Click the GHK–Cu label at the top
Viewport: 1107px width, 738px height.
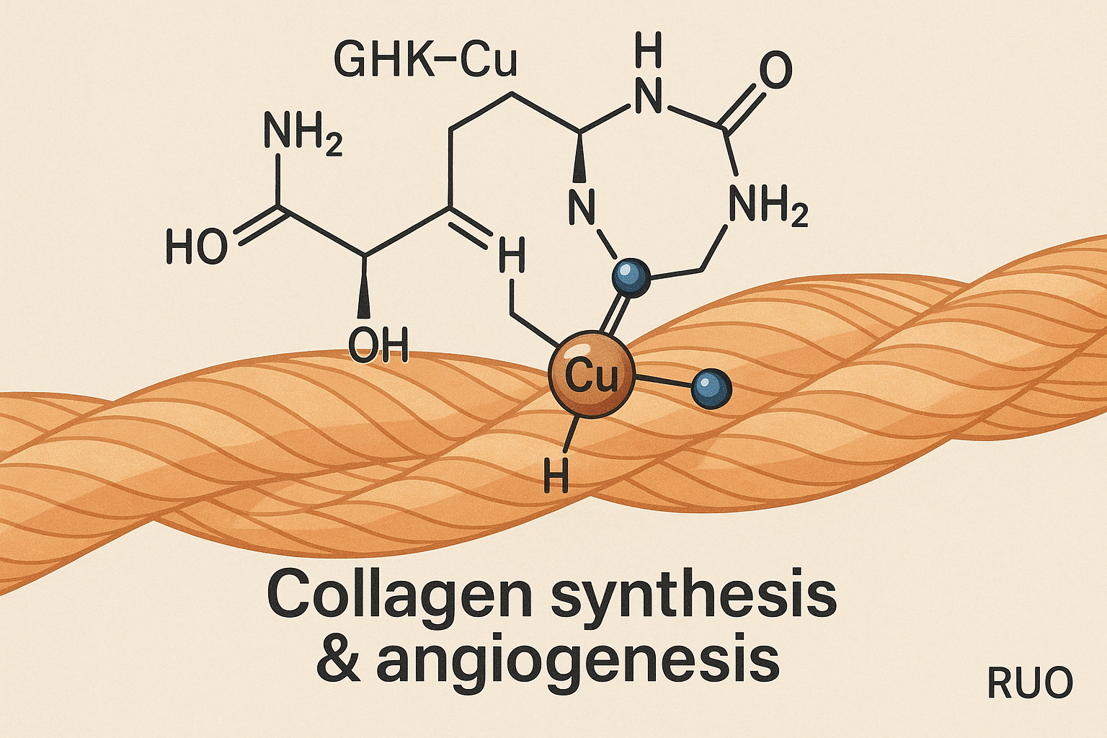425,59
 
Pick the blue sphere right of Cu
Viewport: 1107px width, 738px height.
711,389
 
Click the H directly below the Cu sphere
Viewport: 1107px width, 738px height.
555,476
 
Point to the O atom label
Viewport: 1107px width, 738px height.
775,71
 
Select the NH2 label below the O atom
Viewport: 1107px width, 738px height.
768,207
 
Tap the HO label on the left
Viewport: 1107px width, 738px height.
196,247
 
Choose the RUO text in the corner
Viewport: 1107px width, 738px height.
1029,683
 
